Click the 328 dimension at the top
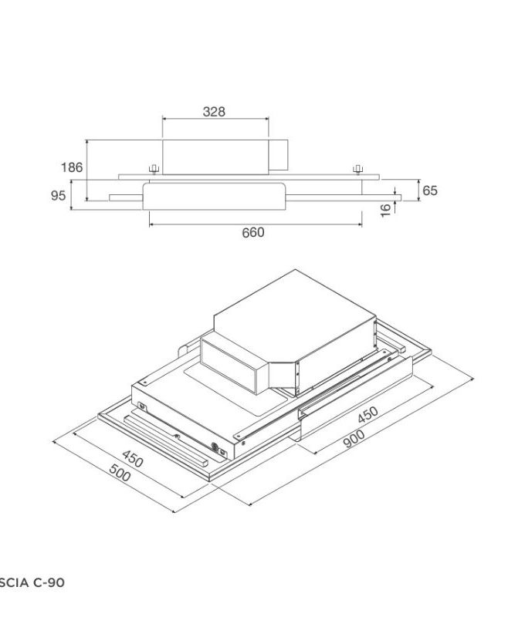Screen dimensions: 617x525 [x=214, y=112]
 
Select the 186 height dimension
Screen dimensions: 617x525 [x=72, y=167]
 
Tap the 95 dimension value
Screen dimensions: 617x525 [x=59, y=196]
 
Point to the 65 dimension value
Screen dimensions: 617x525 [x=429, y=190]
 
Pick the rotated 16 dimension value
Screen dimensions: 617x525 [x=386, y=211]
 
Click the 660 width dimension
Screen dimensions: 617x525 [x=253, y=232]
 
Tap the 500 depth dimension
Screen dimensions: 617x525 [x=120, y=476]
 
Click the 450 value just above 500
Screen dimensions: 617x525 [x=133, y=461]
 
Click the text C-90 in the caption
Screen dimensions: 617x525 [x=48, y=583]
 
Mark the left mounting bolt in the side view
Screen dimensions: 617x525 [x=154, y=169]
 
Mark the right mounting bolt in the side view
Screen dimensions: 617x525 [x=357, y=169]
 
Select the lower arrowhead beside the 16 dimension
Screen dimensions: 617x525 [x=395, y=198]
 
